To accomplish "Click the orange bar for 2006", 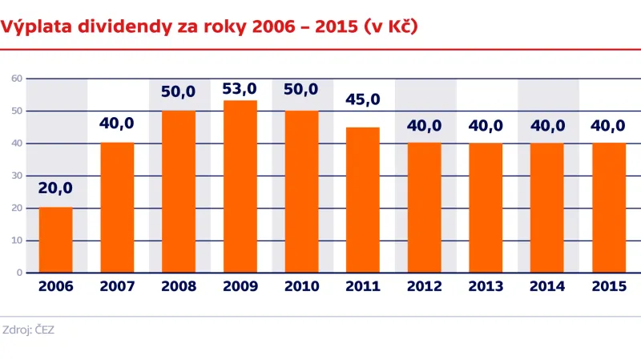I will pos(56,240).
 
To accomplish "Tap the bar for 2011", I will pos(363,200).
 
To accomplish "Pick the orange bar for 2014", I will pos(547,208).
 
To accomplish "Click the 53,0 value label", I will pos(240,89).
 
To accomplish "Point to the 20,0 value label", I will pos(55,188).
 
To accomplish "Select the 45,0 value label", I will pos(363,100).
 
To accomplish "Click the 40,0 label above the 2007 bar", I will pos(117,123).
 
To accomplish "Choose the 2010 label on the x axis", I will pos(301,286).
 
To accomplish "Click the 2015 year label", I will pos(609,286).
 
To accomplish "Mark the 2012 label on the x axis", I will pos(425,286).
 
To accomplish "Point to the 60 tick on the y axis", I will pos(17,79).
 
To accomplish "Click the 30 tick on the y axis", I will pos(17,176).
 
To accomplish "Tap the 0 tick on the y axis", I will pos(19,273).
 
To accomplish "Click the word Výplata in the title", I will pos(33,28).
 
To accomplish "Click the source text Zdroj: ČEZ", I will pos(29,330).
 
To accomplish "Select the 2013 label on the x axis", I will pos(486,286).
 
